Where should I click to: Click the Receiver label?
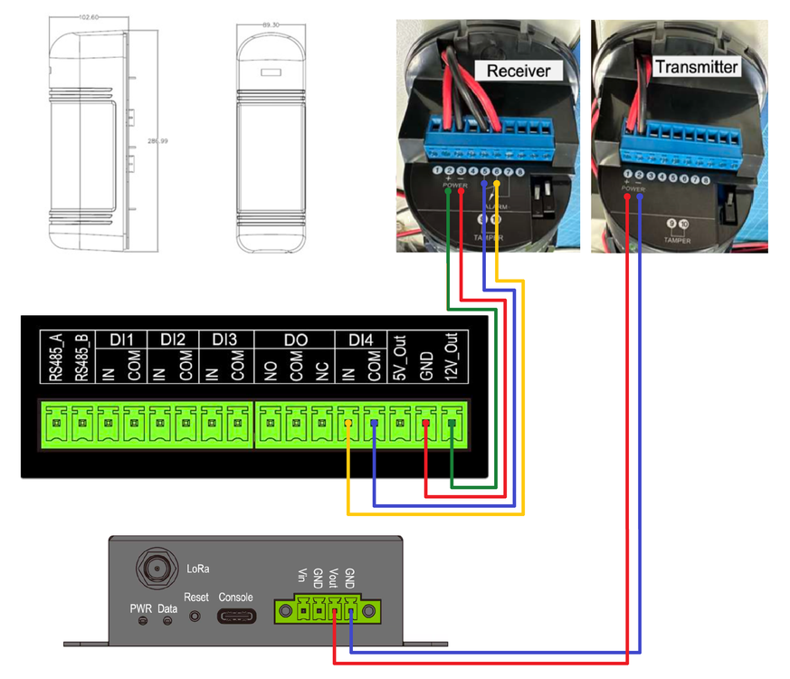coord(518,71)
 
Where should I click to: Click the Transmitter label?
coord(696,67)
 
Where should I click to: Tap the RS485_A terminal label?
coord(56,357)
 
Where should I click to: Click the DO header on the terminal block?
coord(295,339)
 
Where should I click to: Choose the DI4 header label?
coord(360,339)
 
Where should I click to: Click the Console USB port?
coord(235,617)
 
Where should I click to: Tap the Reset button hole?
coord(195,617)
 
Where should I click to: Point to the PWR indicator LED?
coord(142,621)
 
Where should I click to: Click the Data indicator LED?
coord(167,621)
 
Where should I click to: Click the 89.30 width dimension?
coord(271,25)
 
